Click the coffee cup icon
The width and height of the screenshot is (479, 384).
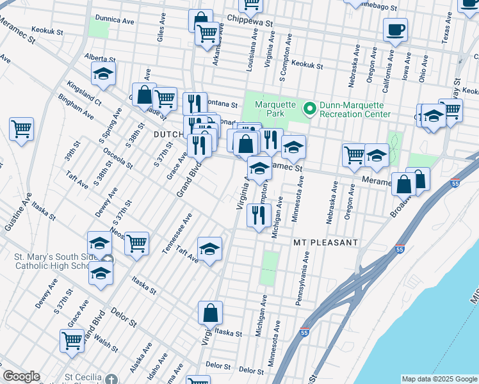(x=395, y=29)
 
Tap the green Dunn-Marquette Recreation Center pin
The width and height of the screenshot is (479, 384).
(x=310, y=109)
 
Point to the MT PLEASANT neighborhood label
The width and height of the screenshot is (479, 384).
(x=325, y=243)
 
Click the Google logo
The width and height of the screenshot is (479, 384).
(x=21, y=376)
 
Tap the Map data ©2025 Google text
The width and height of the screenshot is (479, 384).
(x=439, y=379)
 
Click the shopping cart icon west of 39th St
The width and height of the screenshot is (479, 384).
(x=21, y=129)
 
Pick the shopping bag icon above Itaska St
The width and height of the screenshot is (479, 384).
(x=210, y=314)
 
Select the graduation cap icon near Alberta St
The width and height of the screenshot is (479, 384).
(x=103, y=74)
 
